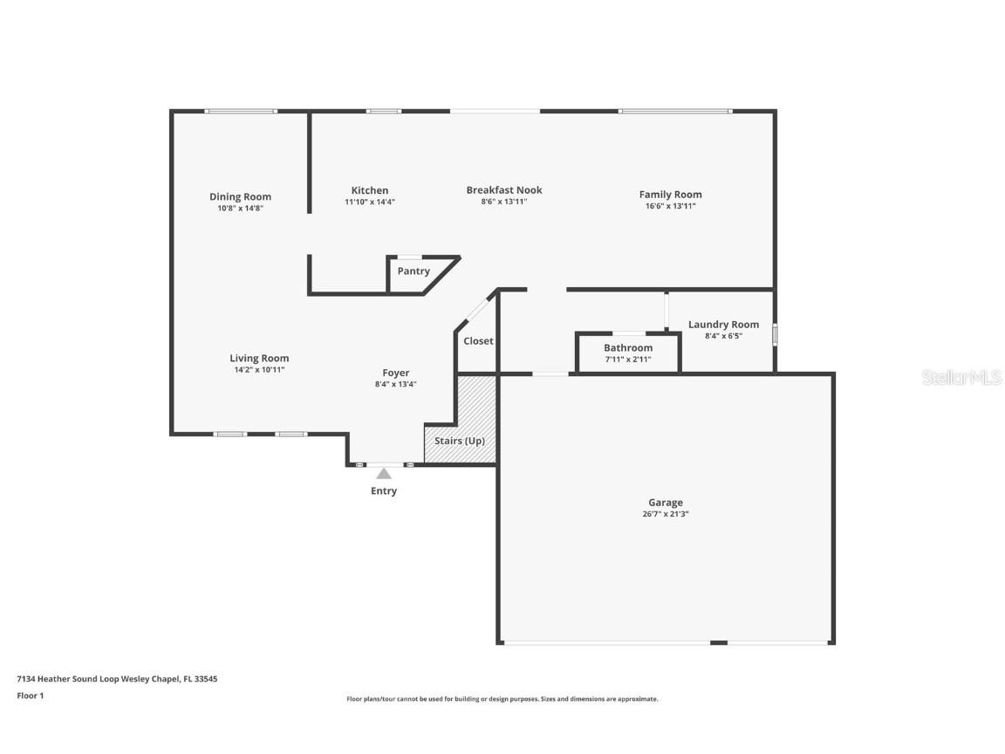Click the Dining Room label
click(x=241, y=197)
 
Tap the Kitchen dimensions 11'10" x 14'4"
click(x=370, y=202)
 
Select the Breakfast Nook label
click(x=504, y=189)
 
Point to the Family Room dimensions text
click(x=670, y=206)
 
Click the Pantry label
click(x=414, y=271)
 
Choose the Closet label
click(x=478, y=341)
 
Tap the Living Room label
click(x=260, y=359)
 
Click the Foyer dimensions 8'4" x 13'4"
click(x=395, y=384)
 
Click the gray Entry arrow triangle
click(x=384, y=474)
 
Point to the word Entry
click(x=384, y=491)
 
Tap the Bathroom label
click(x=628, y=347)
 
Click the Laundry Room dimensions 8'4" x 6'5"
click(x=723, y=336)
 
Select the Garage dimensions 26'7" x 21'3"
click(x=666, y=513)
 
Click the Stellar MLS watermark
click(x=961, y=377)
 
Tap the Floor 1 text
click(x=31, y=696)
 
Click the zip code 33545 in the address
click(x=206, y=679)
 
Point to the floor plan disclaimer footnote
click(x=502, y=699)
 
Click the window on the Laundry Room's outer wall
click(x=775, y=335)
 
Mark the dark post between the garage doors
click(x=719, y=642)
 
